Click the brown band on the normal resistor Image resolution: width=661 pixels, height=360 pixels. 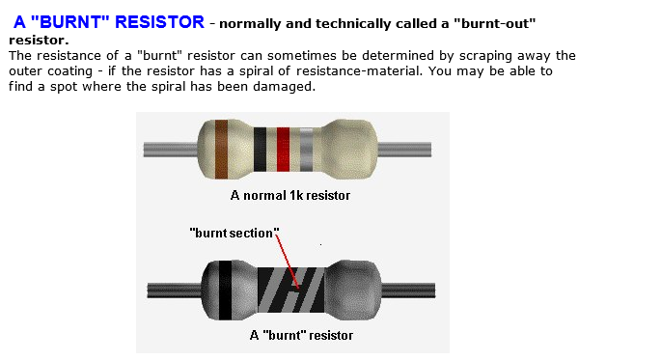click(221, 150)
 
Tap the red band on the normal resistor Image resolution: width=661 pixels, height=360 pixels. click(283, 150)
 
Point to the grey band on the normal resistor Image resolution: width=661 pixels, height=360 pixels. click(307, 150)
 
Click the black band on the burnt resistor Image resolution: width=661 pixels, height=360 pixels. click(225, 290)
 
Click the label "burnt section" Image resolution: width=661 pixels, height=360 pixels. click(234, 233)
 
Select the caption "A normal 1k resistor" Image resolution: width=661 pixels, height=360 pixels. click(289, 195)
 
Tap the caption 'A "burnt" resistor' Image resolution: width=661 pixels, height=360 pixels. click(301, 335)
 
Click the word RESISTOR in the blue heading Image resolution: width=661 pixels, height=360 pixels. click(158, 20)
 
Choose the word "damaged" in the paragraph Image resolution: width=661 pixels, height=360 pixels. click(286, 86)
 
